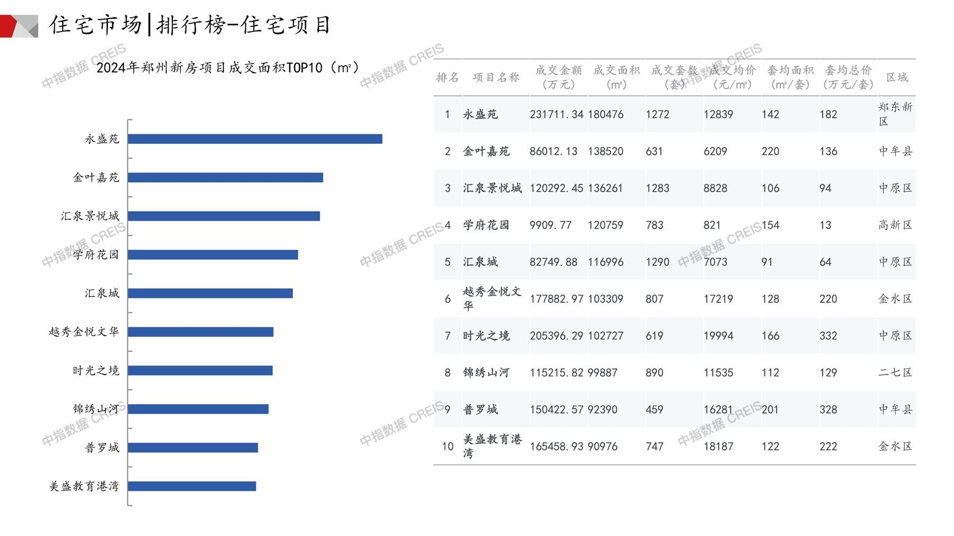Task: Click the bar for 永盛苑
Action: click(255, 139)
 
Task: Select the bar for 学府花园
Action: click(213, 255)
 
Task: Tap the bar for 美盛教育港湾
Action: click(192, 486)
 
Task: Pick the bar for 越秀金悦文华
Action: click(201, 332)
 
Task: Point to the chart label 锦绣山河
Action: click(96, 409)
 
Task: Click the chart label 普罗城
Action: click(102, 448)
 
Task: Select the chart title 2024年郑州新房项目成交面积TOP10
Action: click(228, 68)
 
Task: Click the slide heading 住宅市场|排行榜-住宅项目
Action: click(190, 25)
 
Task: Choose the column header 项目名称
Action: click(496, 77)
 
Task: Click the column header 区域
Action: click(897, 77)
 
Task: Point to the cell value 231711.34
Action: click(556, 115)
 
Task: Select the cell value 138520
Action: click(605, 151)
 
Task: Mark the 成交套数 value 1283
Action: click(657, 188)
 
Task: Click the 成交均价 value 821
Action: click(712, 225)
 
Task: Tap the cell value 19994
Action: click(718, 336)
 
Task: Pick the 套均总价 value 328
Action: click(828, 410)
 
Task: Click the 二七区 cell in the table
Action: click(895, 373)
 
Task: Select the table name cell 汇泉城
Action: click(480, 262)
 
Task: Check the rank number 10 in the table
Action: click(448, 447)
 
